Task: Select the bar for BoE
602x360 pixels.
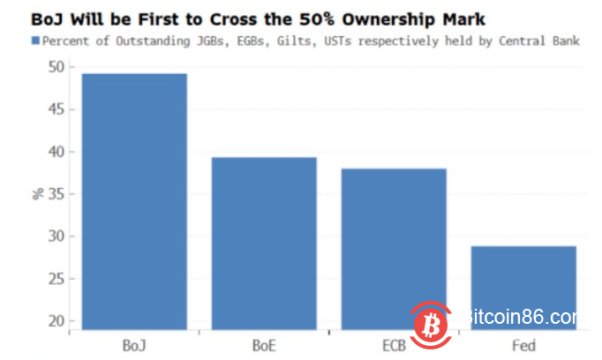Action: click(x=265, y=243)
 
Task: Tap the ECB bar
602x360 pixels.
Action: click(x=394, y=248)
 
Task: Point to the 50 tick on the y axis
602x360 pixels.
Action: click(x=56, y=67)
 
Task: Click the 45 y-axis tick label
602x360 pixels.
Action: click(x=56, y=109)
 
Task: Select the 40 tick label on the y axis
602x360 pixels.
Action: click(x=56, y=152)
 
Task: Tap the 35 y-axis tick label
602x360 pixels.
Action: click(x=56, y=194)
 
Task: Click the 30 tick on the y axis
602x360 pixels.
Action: click(x=56, y=236)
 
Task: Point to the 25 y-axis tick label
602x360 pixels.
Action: click(x=56, y=279)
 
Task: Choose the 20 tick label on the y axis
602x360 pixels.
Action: click(x=56, y=321)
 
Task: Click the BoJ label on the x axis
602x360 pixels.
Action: click(x=135, y=344)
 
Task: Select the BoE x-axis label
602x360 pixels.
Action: click(x=265, y=344)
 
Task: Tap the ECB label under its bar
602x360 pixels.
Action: click(x=394, y=344)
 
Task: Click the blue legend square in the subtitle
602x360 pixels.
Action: click(x=35, y=41)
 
